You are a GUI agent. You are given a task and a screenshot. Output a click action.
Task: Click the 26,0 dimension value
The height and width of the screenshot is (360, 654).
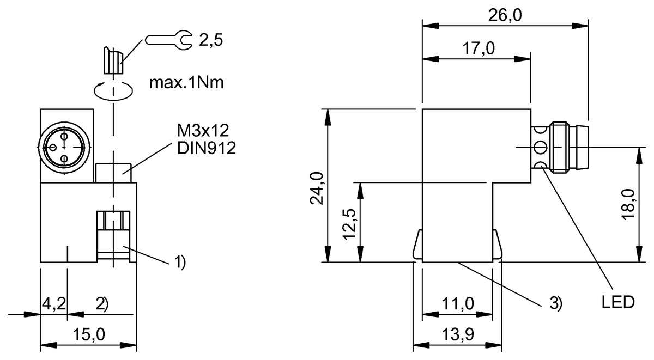click(x=505, y=15)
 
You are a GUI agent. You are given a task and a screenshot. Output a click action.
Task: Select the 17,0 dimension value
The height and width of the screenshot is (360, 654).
click(x=479, y=48)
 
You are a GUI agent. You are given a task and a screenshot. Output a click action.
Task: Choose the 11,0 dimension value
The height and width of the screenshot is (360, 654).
click(x=458, y=304)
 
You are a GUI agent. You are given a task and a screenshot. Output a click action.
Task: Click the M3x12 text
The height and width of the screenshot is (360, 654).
click(x=202, y=131)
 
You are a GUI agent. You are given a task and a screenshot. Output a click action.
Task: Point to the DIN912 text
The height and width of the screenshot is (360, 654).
click(x=206, y=149)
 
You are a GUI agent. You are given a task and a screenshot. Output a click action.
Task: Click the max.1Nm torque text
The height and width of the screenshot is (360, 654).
click(x=186, y=83)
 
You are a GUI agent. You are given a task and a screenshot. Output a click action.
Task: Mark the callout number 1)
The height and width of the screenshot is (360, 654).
click(x=180, y=264)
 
